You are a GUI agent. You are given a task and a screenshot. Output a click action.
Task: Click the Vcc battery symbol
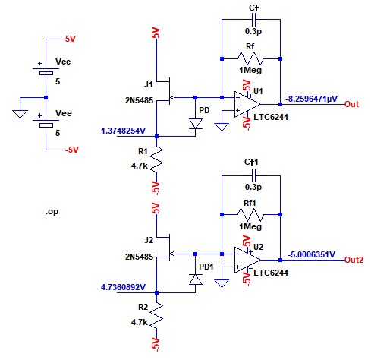pos(46,71)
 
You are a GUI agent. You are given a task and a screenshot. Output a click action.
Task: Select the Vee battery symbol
pos(46,123)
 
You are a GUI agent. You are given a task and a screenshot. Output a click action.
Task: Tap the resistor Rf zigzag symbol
pos(250,58)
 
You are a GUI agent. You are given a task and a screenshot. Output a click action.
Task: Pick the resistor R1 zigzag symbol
pos(157,160)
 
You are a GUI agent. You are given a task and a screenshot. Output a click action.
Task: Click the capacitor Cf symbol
pos(254,19)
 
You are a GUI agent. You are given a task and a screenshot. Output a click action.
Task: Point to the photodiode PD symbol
pos(196,124)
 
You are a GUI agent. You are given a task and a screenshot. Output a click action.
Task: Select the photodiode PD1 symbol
pos(196,279)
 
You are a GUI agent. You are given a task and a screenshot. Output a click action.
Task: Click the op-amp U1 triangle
pos(246,104)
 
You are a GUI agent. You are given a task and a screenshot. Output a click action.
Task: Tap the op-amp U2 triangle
pos(246,260)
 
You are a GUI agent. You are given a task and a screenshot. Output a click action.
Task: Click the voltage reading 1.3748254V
pos(123,131)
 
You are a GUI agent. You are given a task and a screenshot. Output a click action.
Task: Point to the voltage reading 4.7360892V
pos(123,287)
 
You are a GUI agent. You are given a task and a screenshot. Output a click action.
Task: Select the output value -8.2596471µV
pos(312,99)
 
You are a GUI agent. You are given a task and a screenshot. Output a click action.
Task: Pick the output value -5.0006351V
pos(312,254)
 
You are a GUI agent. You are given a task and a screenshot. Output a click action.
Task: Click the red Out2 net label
pos(354,260)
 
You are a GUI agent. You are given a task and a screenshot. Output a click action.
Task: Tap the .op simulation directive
pos(52,212)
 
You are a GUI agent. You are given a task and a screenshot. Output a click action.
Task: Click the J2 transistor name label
pos(149,240)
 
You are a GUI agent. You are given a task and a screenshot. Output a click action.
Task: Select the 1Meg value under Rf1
pos(250,226)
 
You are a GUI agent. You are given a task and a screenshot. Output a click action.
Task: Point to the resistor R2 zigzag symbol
pos(157,317)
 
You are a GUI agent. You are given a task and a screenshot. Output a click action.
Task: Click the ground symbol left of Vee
pos(20,114)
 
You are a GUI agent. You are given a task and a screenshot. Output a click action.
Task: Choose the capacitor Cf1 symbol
pos(254,175)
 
